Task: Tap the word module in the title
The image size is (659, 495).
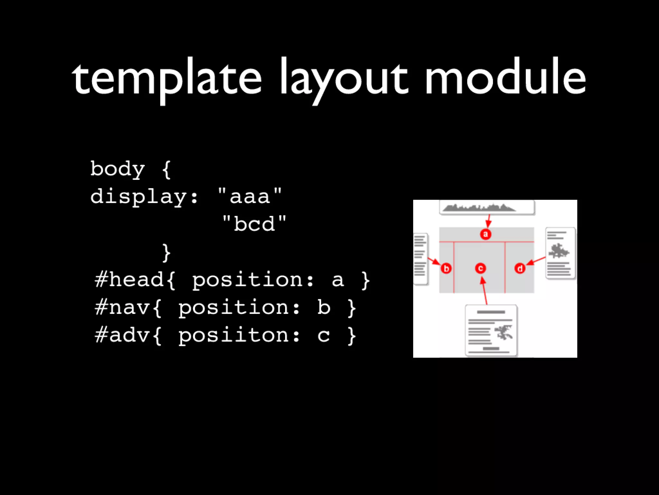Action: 505,77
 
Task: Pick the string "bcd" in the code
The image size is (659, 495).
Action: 254,224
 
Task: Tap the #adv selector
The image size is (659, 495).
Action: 122,335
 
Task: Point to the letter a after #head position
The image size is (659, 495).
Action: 337,280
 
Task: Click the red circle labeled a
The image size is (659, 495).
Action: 486,234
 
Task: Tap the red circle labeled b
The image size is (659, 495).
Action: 446,268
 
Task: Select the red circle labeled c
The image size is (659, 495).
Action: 480,268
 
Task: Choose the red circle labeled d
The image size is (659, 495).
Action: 520,268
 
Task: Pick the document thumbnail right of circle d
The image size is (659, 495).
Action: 560,253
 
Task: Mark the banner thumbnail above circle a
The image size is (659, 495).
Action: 487,207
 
